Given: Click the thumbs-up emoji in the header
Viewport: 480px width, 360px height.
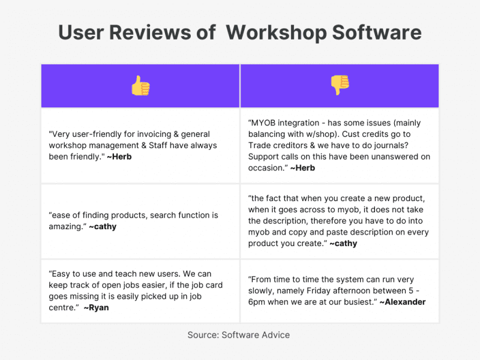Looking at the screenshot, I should pos(140,86).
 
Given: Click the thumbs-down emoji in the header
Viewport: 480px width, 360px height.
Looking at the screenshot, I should pos(340,86).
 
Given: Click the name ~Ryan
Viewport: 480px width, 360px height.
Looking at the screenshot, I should pos(96,308).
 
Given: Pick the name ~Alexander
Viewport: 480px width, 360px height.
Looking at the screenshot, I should pos(403,302).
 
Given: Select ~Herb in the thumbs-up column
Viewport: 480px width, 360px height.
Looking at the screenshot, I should pos(119,157).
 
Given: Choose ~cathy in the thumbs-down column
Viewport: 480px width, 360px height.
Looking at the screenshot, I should pos(344,243).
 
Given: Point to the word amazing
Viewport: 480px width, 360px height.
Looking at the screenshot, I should pos(66,226).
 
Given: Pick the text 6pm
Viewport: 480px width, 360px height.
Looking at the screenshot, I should pos(258,302).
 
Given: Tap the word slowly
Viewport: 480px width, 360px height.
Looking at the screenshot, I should pos(263,290).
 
